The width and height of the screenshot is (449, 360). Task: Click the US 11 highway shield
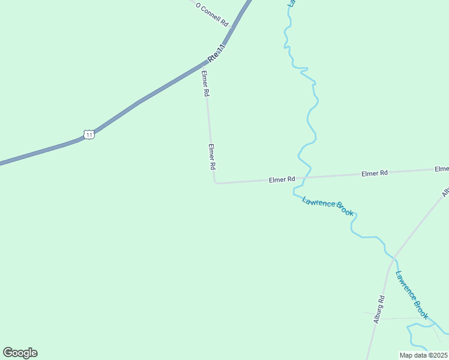[x=89, y=134]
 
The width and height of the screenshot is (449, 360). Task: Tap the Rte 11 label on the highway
[x=217, y=53]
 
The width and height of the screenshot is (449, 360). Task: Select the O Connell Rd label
[x=212, y=14]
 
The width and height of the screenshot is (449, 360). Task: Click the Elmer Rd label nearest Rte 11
[x=205, y=84]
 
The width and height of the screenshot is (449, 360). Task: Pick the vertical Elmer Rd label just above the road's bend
[x=211, y=156]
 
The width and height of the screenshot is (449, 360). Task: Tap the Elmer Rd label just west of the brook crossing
[x=282, y=179]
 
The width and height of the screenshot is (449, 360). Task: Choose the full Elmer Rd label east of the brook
[x=375, y=173]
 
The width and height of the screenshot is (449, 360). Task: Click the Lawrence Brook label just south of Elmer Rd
[x=328, y=206]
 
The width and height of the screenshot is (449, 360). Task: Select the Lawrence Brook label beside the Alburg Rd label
[x=412, y=295]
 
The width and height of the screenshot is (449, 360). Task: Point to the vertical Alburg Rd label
[x=379, y=310]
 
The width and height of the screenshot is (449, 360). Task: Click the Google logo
[x=20, y=353]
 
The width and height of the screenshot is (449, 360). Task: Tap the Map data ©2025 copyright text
[x=423, y=355]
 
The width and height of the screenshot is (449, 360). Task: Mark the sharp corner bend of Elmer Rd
[x=215, y=182]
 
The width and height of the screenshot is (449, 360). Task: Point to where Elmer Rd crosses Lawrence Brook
[x=306, y=178]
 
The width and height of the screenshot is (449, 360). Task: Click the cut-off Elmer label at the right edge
[x=442, y=169]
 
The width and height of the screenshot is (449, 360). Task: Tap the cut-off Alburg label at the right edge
[x=445, y=192]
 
